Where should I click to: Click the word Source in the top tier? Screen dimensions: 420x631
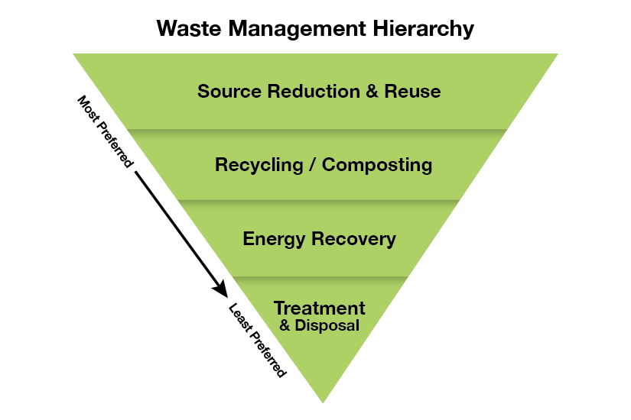point(225,92)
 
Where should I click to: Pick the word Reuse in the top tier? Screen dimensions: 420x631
point(413,92)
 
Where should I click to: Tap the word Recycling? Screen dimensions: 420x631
point(261,165)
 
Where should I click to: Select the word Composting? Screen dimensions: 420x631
point(377,165)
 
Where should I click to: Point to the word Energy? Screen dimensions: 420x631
point(272,239)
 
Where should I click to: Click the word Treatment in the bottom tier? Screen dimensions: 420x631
point(320,309)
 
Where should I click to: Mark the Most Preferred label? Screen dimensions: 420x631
point(106,131)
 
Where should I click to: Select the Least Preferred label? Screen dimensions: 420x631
point(257,340)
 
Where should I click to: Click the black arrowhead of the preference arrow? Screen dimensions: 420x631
point(221,289)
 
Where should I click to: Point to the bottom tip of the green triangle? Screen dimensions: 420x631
point(323,400)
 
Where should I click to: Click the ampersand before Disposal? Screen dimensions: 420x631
point(285,326)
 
